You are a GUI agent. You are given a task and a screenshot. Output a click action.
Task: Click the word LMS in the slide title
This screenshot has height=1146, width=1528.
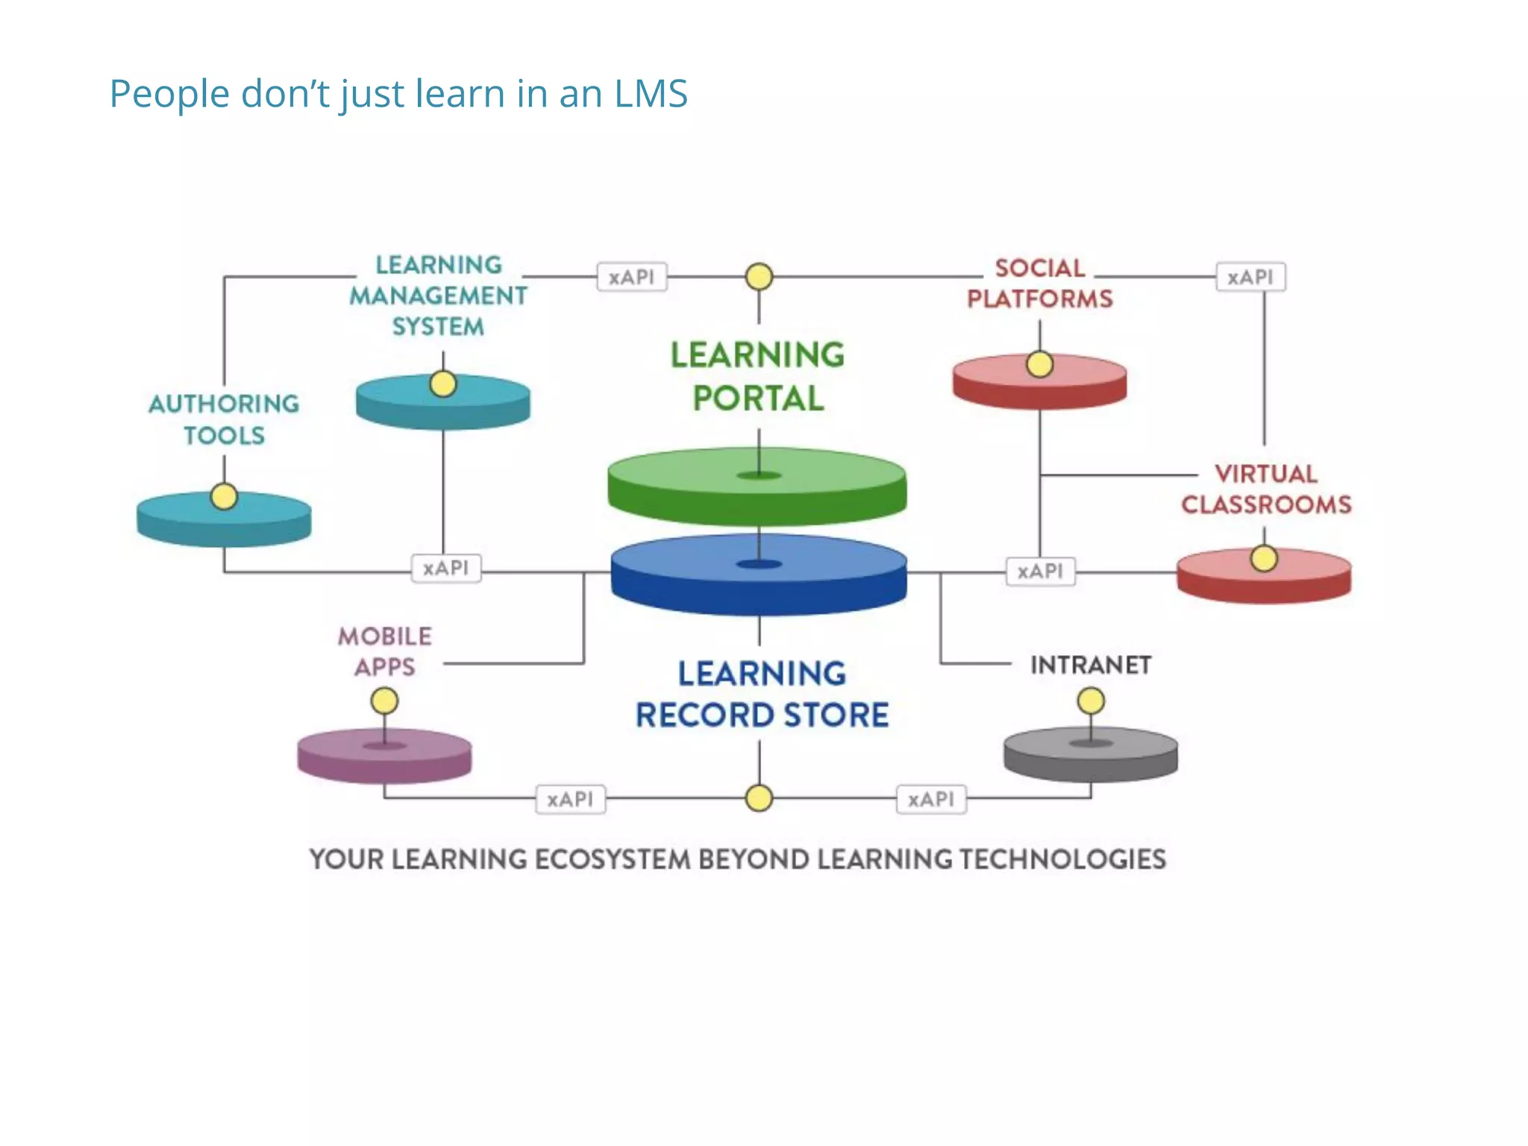(650, 94)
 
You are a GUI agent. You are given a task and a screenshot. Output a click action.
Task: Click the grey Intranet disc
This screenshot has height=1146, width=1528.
(1090, 754)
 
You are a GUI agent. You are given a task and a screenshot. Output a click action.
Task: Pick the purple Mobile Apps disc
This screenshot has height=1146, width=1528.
(384, 756)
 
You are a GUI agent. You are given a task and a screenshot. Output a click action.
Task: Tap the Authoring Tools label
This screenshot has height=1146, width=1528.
(224, 419)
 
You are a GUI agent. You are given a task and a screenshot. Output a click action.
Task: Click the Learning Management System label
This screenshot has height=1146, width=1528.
(439, 295)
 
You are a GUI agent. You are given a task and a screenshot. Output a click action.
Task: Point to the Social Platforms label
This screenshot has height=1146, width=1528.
(1039, 284)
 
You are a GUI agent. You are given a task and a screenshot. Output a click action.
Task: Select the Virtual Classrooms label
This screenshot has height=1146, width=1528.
(1265, 489)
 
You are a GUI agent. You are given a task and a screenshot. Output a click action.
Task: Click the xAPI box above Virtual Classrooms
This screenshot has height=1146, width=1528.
(1250, 277)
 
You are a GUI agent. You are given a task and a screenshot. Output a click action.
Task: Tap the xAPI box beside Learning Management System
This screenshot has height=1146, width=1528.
(631, 277)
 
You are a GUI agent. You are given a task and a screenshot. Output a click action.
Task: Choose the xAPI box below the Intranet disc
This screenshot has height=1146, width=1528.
(931, 799)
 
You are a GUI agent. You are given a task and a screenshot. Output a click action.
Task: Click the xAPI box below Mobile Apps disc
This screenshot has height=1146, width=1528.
(570, 799)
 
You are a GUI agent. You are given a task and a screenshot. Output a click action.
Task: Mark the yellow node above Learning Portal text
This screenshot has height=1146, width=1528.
(759, 277)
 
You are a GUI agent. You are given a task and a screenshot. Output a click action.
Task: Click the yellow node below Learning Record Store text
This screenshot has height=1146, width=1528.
(759, 798)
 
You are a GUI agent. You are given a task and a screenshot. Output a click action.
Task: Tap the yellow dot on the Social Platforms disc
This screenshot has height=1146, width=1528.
(1039, 365)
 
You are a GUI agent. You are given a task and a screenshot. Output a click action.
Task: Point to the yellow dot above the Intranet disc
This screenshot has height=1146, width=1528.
(1091, 701)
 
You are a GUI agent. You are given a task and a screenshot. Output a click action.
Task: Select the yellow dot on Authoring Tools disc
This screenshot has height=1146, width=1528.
(224, 496)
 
